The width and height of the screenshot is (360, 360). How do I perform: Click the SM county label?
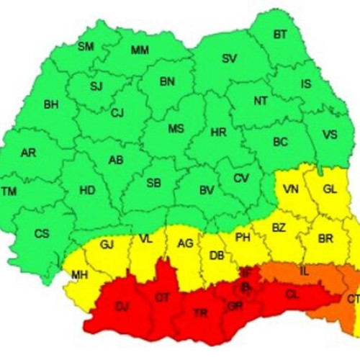coord(86,47)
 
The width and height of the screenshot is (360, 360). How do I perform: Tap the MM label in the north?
coord(140,50)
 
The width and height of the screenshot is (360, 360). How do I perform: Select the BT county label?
coord(279,34)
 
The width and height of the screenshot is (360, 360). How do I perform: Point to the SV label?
coord(229,58)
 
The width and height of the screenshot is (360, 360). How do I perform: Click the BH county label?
coord(51,104)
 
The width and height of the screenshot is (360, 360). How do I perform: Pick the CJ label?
coord(117,112)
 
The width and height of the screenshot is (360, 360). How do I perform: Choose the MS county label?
coord(176,129)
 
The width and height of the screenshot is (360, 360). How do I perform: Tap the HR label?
coord(218,132)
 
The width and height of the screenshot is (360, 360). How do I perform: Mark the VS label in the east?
coord(330,135)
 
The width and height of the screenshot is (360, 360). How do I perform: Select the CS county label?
coord(42,233)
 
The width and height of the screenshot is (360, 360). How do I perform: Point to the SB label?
coord(153,184)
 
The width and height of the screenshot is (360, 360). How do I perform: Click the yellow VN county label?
coord(291,189)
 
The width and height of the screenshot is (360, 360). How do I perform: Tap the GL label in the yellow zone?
coord(330,189)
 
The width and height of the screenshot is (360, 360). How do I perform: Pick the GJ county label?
coord(107,244)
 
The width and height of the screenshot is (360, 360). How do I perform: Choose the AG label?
coord(185,244)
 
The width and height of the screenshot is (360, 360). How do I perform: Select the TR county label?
coord(199,312)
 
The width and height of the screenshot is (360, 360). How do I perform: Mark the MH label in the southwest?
coord(79,274)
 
